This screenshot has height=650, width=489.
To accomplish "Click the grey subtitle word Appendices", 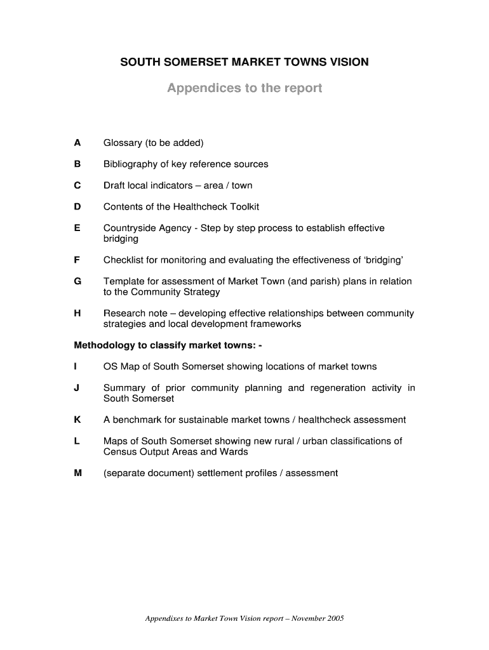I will [x=198, y=88].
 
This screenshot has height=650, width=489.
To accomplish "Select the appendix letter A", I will [x=77, y=143].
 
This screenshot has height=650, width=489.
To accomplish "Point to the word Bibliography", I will [x=130, y=164].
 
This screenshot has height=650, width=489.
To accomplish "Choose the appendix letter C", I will [x=77, y=185].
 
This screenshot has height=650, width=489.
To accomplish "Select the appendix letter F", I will [x=77, y=260].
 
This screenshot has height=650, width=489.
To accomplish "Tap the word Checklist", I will [x=123, y=260].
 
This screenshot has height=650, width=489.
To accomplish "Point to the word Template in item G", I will [x=124, y=281].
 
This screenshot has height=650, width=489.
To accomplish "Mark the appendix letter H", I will [x=77, y=313].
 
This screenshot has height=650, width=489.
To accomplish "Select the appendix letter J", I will [x=77, y=388].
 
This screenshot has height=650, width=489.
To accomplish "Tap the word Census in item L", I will [x=119, y=452].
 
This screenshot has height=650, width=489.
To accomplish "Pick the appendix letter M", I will [x=78, y=473].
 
